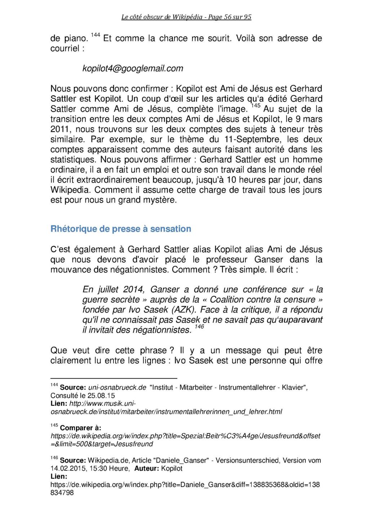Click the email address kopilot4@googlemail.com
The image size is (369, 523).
click(x=133, y=68)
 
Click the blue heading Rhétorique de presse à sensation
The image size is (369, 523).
click(x=121, y=229)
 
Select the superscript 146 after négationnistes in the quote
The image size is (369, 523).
click(x=199, y=327)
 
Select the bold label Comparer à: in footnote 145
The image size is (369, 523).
click(x=80, y=428)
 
